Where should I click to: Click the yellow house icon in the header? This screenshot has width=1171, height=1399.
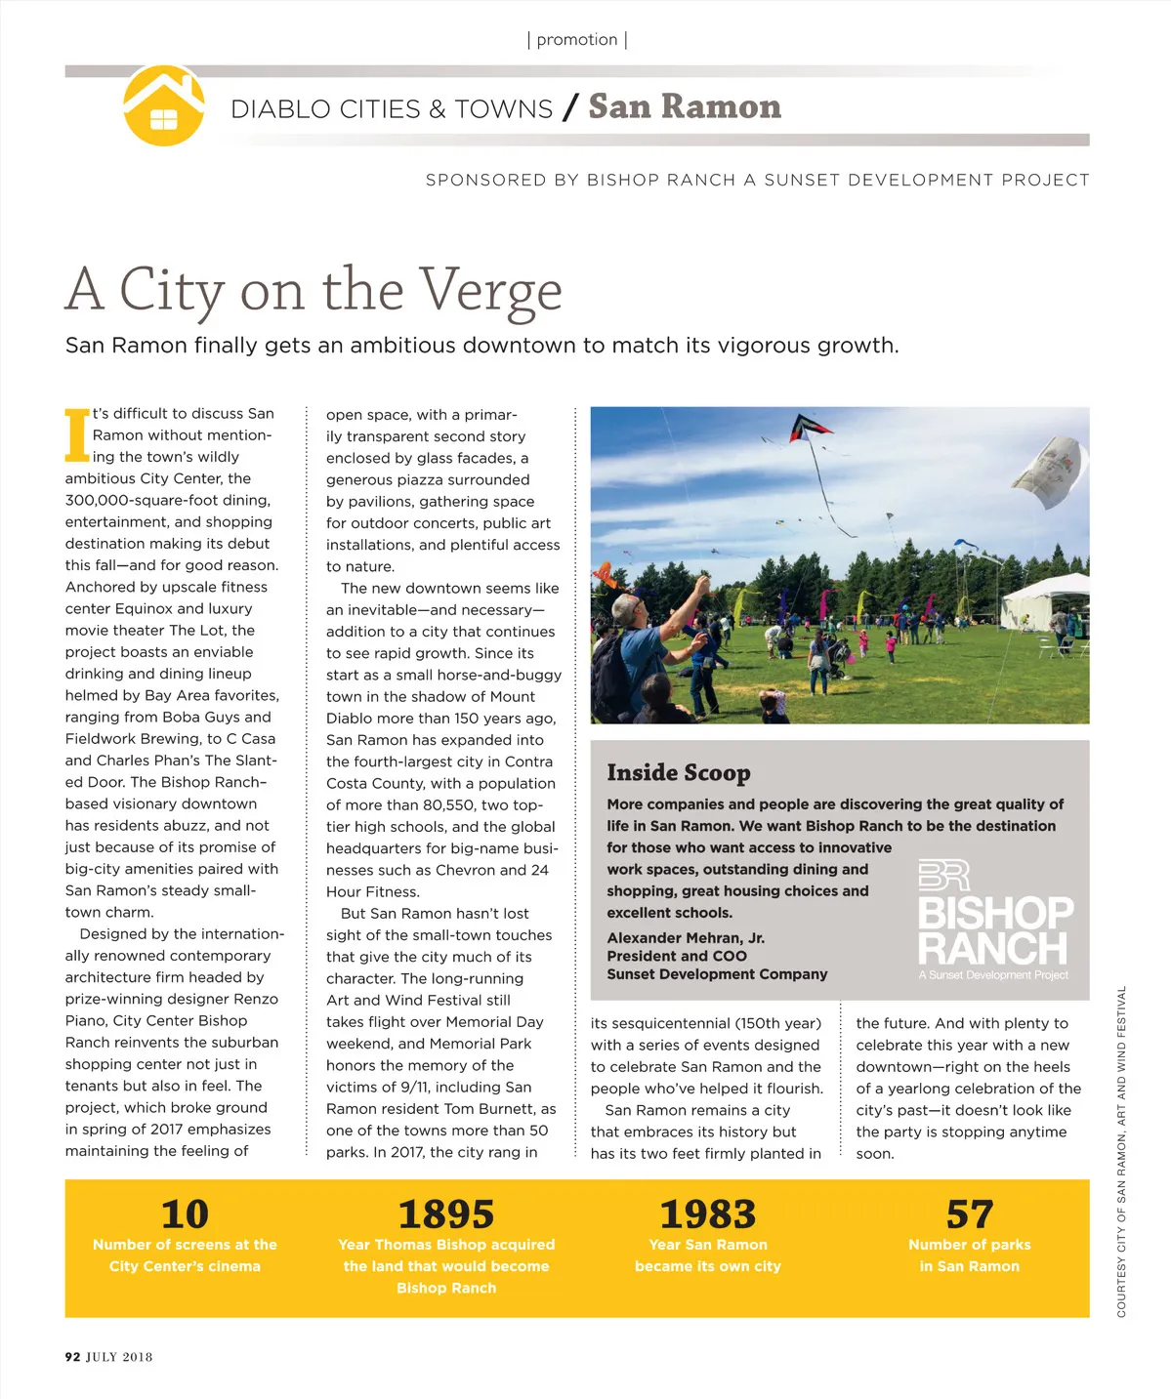click(x=164, y=105)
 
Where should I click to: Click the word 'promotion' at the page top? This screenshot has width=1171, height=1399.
click(x=577, y=40)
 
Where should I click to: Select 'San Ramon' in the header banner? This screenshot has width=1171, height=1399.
click(x=685, y=106)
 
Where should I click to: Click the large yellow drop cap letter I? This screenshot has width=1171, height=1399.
click(x=77, y=435)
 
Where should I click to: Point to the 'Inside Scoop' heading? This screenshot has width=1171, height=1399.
click(x=679, y=773)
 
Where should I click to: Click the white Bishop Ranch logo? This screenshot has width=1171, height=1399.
click(x=994, y=920)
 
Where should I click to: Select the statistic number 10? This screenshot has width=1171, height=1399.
click(x=185, y=1214)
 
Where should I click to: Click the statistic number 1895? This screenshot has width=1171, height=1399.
click(x=446, y=1214)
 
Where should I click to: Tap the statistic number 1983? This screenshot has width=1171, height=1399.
click(x=708, y=1214)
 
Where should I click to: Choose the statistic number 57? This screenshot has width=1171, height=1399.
click(x=970, y=1214)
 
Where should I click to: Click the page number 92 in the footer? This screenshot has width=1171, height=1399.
click(x=72, y=1357)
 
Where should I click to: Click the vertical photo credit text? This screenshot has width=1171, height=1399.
click(x=1121, y=1152)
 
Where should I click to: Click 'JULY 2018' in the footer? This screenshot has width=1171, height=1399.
click(x=119, y=1357)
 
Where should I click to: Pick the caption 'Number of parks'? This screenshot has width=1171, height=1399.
click(x=970, y=1245)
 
